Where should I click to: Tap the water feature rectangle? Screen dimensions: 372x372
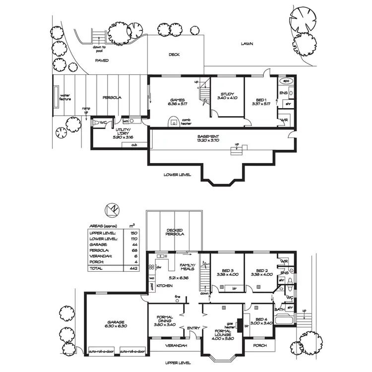point(55,98)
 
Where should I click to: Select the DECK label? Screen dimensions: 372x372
point(174,55)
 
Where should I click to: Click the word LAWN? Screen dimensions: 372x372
point(247,44)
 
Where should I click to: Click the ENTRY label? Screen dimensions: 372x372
point(192,328)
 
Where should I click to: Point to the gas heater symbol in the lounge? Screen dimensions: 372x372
point(240,325)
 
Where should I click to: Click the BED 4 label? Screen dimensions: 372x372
point(260,321)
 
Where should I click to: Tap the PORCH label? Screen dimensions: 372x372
point(259,345)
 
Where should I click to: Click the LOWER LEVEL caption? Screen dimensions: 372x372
point(178,175)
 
